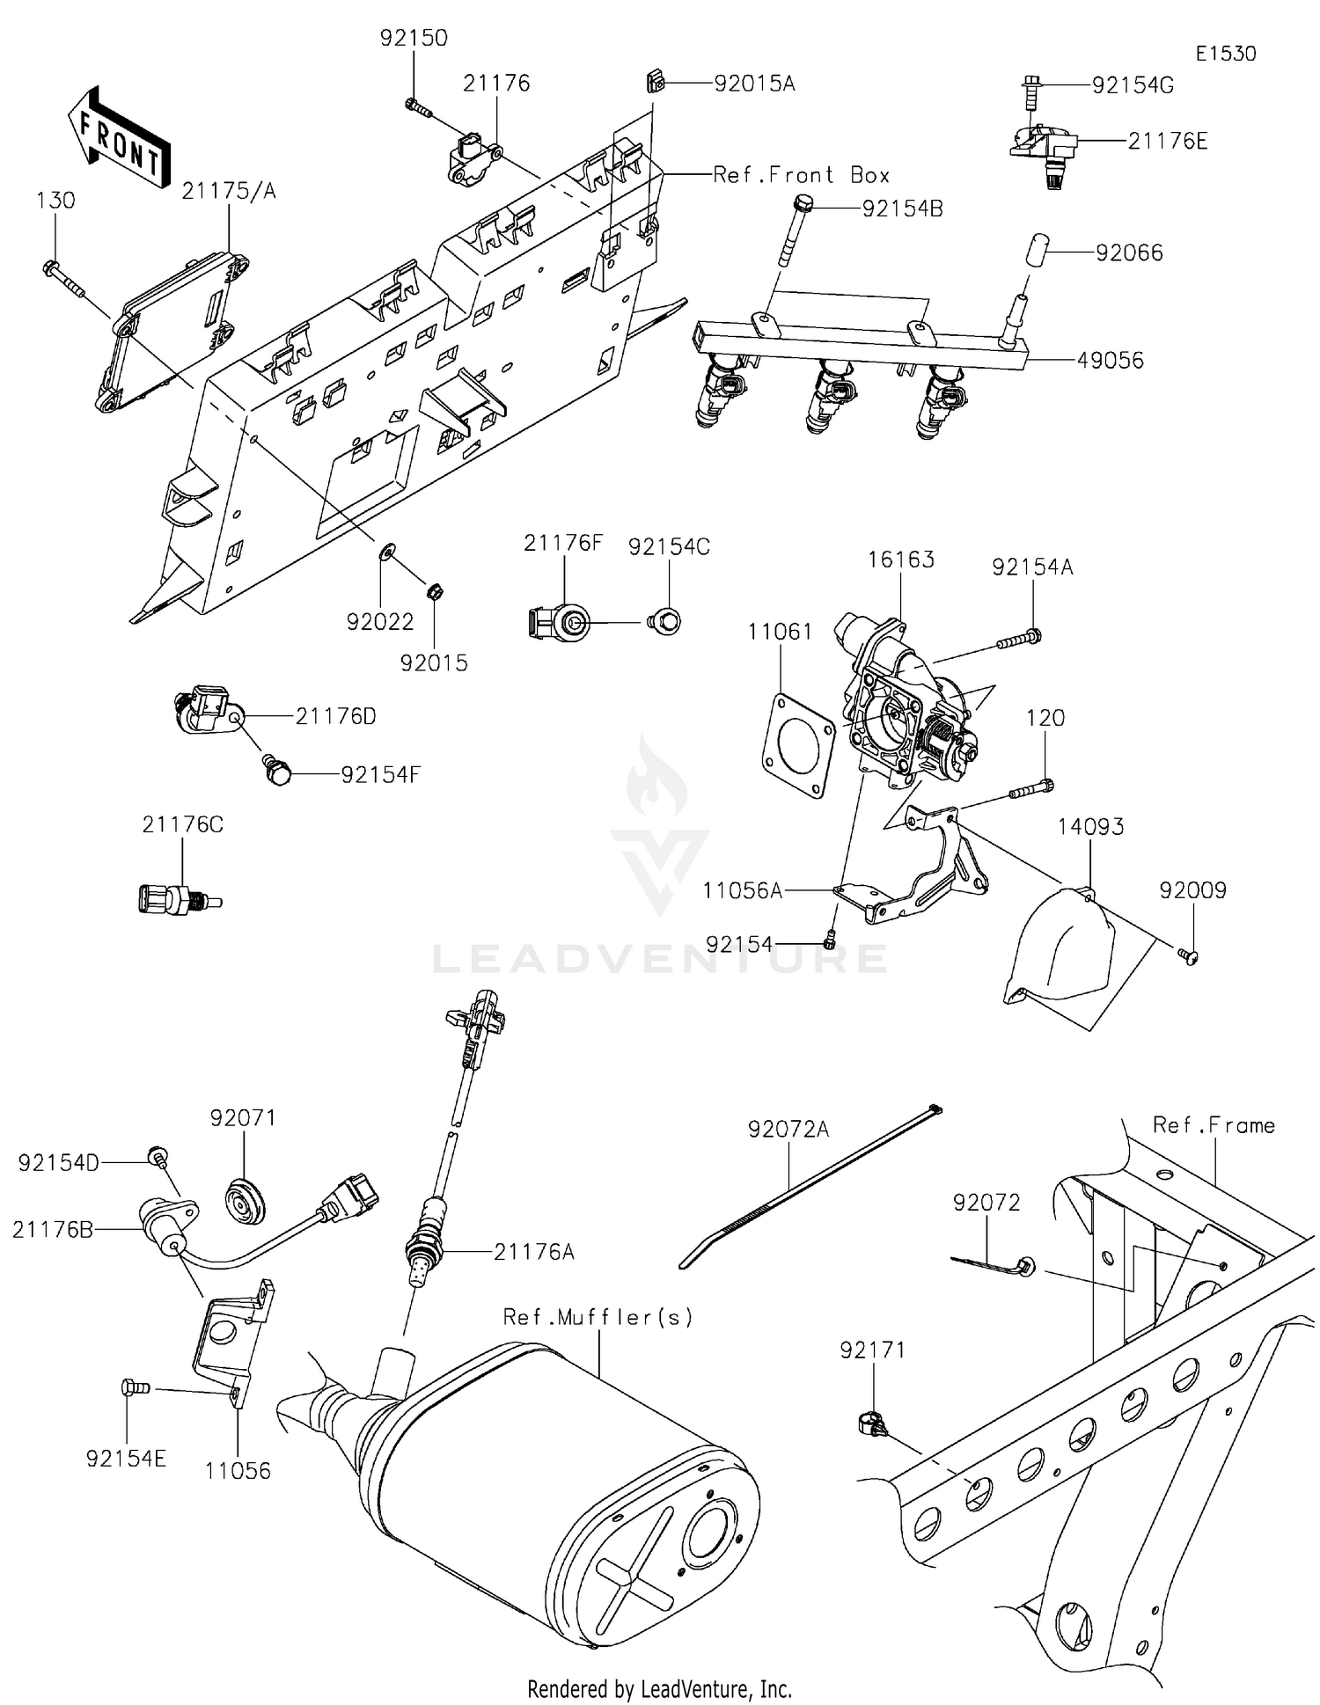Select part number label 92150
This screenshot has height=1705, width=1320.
pos(414,39)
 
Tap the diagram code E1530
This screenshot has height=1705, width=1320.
pos(1225,54)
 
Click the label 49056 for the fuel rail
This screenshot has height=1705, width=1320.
pos(1111,361)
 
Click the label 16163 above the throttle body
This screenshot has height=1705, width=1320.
pos(900,560)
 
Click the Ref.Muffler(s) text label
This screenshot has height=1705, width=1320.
pos(598,1317)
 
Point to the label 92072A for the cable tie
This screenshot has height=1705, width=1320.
pos(788,1129)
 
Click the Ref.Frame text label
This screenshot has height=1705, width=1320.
pos(1214,1125)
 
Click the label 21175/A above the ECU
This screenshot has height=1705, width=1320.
pos(229,191)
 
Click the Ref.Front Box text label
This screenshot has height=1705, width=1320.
pos(801,175)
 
